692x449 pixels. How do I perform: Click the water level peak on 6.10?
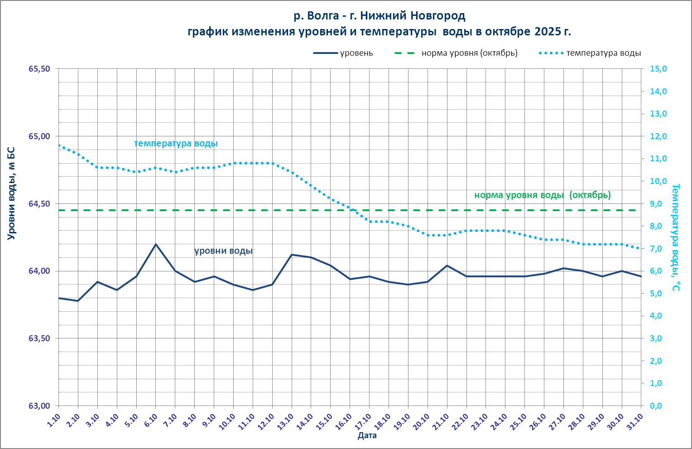pos(156,244)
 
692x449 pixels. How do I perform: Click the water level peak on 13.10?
pos(292,255)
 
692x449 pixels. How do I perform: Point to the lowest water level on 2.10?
pos(78,301)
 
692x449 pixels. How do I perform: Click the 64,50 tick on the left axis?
pos(40,204)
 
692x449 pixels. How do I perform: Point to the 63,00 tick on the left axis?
pos(40,406)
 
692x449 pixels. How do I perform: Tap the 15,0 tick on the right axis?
pos(658,69)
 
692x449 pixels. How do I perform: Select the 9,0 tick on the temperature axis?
pos(658,204)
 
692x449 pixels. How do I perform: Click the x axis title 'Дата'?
pos(367,436)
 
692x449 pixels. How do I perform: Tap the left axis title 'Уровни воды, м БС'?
pos(11,193)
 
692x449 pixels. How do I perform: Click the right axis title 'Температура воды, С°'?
pos(676,237)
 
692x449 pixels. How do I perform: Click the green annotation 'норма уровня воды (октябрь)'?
pos(542,195)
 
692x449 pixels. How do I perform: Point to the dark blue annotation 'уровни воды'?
pos(223,251)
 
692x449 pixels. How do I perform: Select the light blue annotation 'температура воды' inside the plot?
pos(176,143)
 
